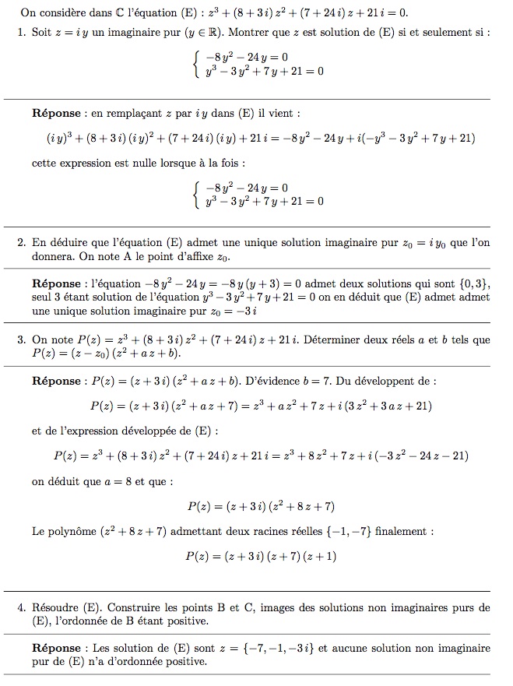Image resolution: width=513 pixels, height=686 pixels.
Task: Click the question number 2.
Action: [x=20, y=243]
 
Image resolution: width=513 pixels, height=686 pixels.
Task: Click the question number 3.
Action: [x=20, y=340]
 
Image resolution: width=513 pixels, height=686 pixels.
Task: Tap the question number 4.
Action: [x=20, y=607]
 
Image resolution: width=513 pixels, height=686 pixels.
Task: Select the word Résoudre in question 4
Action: [x=54, y=607]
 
